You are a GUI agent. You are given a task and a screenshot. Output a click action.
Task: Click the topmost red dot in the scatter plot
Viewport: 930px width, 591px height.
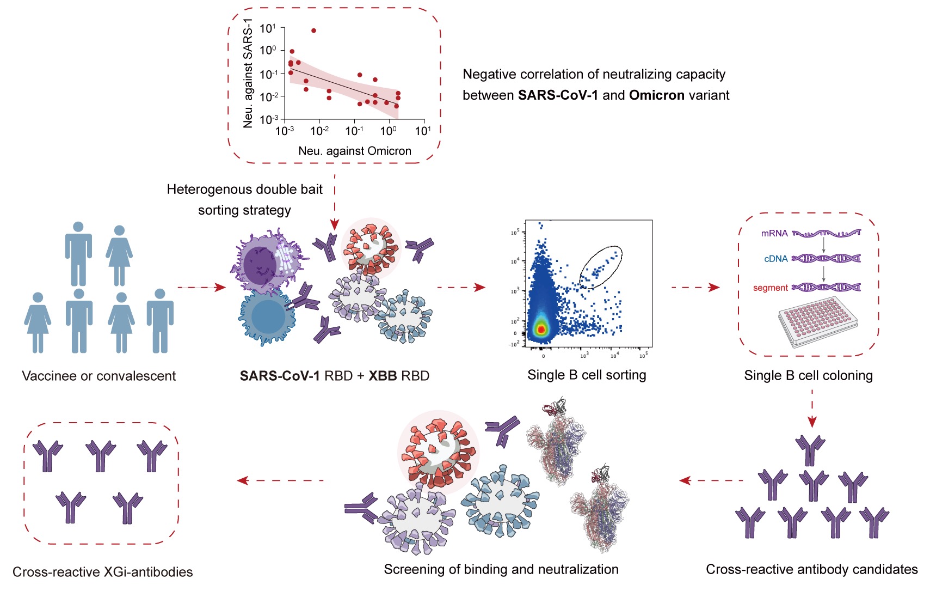point(313,31)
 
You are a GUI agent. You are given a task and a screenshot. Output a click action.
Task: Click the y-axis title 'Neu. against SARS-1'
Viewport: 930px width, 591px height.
point(248,73)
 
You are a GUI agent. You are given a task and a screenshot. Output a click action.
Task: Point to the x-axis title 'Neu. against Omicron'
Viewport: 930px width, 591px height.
point(355,151)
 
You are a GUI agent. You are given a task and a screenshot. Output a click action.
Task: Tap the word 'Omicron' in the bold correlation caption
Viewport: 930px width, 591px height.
point(656,95)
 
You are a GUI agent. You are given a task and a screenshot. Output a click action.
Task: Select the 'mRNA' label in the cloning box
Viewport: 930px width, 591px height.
point(774,233)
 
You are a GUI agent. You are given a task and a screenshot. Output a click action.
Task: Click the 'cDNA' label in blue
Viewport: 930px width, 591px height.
point(775,259)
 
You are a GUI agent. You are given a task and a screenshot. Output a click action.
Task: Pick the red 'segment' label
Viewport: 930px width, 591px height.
point(770,288)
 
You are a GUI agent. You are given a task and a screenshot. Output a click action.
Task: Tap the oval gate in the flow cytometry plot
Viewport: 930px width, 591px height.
point(601,267)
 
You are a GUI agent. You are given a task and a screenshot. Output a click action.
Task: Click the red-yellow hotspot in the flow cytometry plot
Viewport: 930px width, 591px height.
point(540,328)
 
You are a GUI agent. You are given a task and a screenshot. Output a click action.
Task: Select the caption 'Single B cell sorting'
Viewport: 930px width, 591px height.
point(587,375)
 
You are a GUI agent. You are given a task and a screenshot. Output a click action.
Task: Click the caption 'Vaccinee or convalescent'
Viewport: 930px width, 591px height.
point(98,376)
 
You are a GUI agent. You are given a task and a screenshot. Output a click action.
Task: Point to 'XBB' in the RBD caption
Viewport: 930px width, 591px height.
point(383,376)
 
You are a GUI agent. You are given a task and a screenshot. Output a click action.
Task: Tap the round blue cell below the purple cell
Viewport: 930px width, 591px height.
point(267,316)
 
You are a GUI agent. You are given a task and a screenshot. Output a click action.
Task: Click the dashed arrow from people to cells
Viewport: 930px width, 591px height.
point(201,287)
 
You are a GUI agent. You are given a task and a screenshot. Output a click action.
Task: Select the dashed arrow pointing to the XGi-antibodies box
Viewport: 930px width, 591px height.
point(280,480)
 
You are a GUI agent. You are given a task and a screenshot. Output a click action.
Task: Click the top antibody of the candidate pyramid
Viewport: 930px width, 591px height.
point(810,449)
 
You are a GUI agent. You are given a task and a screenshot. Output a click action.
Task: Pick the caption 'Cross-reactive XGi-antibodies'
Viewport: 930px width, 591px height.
point(102,572)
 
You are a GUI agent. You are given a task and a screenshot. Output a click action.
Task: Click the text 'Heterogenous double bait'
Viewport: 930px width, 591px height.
point(244,190)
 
